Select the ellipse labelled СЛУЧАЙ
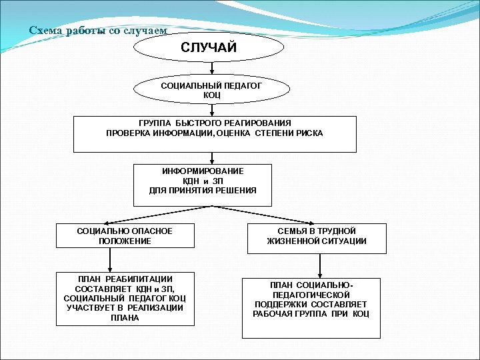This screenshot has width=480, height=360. [x=209, y=47]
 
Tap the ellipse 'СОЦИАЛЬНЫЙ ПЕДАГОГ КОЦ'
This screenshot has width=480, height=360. [x=212, y=91]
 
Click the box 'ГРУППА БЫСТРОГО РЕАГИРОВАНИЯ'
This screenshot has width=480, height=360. [x=215, y=134]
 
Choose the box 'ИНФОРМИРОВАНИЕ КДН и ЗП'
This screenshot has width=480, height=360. [x=213, y=184]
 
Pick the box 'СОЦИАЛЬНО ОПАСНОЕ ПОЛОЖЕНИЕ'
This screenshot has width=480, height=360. [x=125, y=237]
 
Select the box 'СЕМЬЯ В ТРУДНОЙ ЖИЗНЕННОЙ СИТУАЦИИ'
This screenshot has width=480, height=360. [x=317, y=237]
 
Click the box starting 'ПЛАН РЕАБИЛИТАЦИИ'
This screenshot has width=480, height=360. [x=125, y=299]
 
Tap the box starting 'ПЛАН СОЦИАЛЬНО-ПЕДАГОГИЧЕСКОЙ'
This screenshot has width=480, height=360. [x=311, y=299]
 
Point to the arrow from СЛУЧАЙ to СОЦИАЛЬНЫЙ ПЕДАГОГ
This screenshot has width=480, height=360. [x=212, y=69]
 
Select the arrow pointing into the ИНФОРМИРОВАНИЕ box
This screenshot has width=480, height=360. [x=212, y=158]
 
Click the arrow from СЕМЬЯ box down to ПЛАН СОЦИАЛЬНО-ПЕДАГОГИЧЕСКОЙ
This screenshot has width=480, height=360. [x=321, y=265]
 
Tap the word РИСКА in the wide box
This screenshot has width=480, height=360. [x=310, y=133]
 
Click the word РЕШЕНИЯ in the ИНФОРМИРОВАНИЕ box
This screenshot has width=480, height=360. [x=233, y=190]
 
